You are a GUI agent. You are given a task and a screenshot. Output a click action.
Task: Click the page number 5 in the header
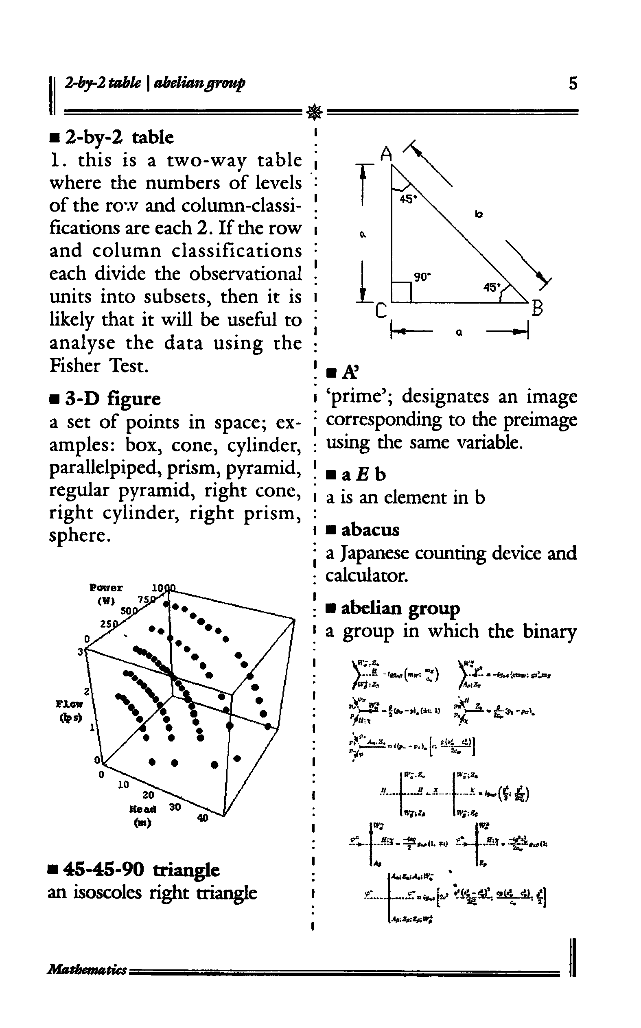(x=573, y=83)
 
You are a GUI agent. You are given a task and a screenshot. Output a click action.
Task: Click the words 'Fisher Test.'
(x=99, y=365)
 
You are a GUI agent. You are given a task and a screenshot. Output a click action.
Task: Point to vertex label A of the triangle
(x=386, y=153)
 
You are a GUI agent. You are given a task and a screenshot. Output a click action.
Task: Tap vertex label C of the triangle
(x=381, y=312)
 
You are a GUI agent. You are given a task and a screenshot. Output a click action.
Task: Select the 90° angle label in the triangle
(x=422, y=277)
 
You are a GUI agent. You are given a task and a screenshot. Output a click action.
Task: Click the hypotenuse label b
(x=479, y=214)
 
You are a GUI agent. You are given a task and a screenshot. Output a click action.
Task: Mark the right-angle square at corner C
(x=401, y=293)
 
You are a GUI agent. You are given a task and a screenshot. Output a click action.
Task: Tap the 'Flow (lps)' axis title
(x=70, y=711)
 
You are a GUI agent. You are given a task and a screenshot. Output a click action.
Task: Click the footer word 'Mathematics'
(x=87, y=969)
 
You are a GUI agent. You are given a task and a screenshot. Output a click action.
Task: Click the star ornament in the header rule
(x=315, y=112)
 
